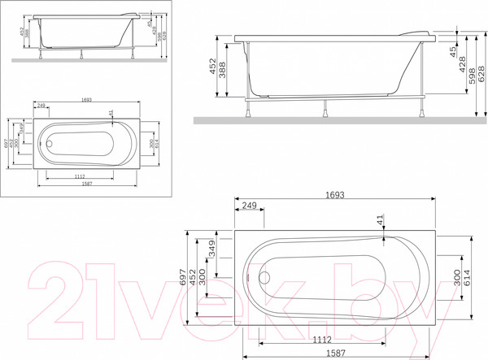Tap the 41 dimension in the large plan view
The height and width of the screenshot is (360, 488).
click(380, 220)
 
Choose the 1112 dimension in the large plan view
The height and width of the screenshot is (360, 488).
click(320, 341)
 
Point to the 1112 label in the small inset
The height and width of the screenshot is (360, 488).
click(80, 177)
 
